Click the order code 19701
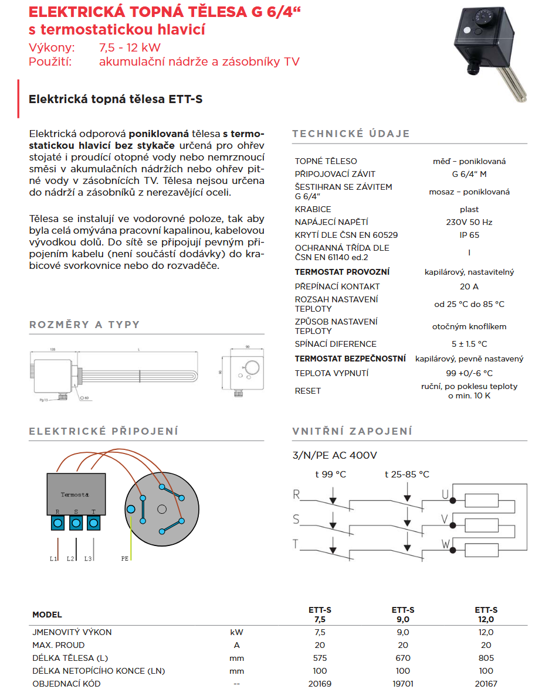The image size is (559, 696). (x=403, y=684)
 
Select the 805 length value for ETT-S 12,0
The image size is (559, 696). (x=486, y=658)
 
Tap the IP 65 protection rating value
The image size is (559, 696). (x=469, y=235)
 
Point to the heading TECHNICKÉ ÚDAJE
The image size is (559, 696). (x=351, y=134)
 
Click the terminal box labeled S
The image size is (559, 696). (x=76, y=523)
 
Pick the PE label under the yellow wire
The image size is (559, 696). (x=125, y=558)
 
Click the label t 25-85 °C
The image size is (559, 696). (x=406, y=475)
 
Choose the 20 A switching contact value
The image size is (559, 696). (x=469, y=286)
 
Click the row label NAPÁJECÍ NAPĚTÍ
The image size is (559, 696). (x=331, y=222)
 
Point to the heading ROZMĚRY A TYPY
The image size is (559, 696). (x=84, y=325)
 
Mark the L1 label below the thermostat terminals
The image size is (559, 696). (x=53, y=558)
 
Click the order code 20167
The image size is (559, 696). (x=486, y=684)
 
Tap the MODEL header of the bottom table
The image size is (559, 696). (x=47, y=615)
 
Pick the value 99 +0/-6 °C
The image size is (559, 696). (x=469, y=373)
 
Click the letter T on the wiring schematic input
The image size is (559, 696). (x=296, y=544)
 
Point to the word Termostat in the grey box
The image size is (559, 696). (x=75, y=495)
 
